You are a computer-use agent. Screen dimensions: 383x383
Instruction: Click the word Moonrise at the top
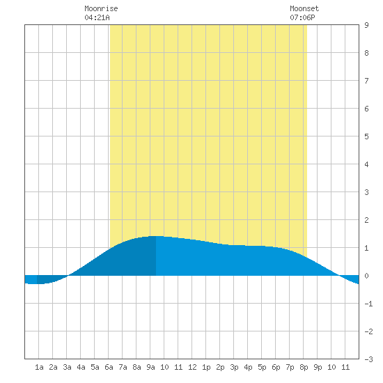[101, 8]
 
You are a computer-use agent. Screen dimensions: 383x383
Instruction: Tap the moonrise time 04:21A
[97, 17]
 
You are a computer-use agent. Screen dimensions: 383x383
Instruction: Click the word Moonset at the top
[304, 8]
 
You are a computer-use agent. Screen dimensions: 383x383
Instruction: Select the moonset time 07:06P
[302, 17]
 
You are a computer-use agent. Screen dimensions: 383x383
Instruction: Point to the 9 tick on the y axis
[366, 25]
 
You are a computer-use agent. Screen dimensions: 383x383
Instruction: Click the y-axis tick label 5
[366, 136]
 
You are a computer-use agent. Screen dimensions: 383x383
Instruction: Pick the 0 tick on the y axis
[366, 276]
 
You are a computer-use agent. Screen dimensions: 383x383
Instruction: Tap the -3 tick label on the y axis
[368, 359]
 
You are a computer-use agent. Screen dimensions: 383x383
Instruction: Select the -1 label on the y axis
[368, 304]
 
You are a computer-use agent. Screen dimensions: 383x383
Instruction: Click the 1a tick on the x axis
[39, 367]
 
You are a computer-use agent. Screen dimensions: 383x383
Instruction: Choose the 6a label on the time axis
[109, 367]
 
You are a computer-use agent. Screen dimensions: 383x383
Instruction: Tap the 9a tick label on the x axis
[150, 367]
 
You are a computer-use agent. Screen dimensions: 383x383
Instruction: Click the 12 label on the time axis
[192, 367]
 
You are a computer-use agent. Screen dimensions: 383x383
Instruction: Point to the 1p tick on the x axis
[206, 367]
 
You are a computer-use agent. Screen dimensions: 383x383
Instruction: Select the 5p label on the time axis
[262, 367]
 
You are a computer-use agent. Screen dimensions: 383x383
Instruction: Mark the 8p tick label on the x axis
[304, 367]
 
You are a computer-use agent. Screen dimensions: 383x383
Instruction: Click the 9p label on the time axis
[318, 367]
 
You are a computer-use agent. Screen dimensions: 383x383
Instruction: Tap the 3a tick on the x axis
[67, 367]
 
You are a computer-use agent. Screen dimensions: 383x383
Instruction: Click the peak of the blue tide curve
[155, 236]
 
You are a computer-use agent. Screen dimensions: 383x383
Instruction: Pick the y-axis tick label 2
[366, 220]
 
